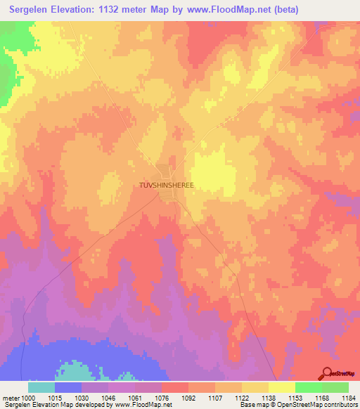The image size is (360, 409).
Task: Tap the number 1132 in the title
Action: point(120,10)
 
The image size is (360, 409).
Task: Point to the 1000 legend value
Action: point(27,397)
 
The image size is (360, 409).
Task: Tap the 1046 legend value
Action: point(108,397)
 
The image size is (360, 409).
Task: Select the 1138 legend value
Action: point(268,397)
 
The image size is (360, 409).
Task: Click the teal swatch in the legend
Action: point(41,387)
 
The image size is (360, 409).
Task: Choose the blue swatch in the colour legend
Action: point(67,387)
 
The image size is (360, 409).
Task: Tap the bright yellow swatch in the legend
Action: point(281,387)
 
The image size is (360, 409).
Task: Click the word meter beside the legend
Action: point(11,397)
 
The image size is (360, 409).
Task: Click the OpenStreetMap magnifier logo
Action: point(326,373)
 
